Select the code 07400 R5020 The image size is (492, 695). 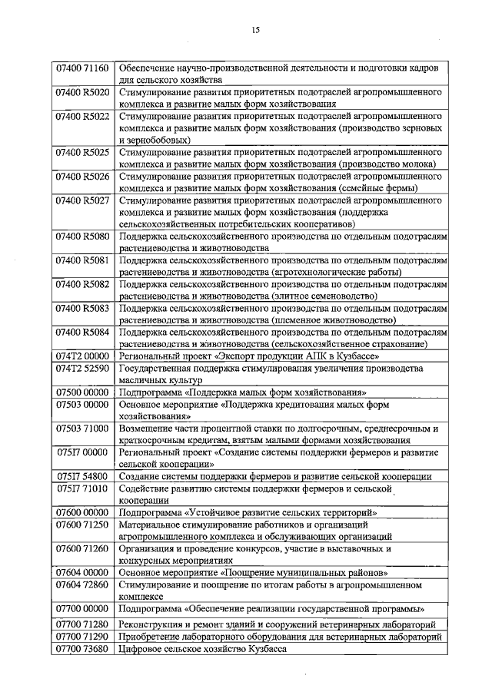82,92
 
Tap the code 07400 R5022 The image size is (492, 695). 82,116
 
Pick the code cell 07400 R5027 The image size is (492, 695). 82,200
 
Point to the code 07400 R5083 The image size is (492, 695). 82,308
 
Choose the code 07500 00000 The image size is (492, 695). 82,392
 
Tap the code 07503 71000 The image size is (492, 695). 82,428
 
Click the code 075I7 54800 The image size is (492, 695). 82,476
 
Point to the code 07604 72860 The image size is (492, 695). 82,584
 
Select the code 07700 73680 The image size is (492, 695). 82,649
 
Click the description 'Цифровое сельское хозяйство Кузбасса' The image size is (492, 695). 202,649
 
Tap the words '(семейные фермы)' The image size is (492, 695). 378,187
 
